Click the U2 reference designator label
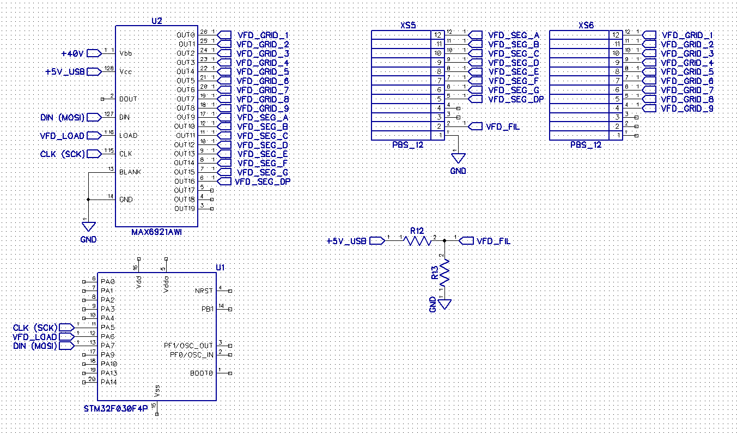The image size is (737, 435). (156, 21)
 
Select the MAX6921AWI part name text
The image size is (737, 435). (156, 232)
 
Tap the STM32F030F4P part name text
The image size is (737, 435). (115, 408)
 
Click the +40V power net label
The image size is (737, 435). (72, 53)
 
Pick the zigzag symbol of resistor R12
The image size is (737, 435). (418, 240)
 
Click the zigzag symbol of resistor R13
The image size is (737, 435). (445, 273)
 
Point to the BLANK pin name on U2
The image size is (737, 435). (130, 172)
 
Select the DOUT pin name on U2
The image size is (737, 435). (129, 99)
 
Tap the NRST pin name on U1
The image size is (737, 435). (204, 291)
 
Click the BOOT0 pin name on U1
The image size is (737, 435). (202, 373)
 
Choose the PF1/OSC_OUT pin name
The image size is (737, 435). (188, 346)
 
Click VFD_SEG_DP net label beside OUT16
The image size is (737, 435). (263, 182)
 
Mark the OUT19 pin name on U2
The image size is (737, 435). (184, 209)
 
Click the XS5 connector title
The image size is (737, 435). (408, 25)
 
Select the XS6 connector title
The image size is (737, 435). (586, 25)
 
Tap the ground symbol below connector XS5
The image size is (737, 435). (459, 158)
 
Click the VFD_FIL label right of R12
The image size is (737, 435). (493, 241)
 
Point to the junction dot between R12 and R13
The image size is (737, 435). (445, 240)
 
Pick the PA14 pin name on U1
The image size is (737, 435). (108, 382)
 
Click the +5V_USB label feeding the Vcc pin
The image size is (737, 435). (65, 71)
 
